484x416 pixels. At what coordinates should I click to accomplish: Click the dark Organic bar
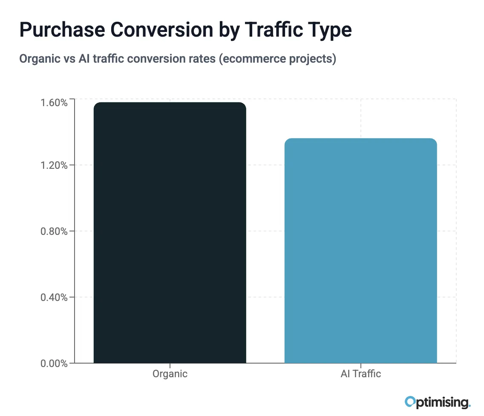tap(170, 233)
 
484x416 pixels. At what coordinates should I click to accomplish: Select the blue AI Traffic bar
tap(360, 251)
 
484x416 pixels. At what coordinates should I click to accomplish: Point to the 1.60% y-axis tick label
tap(54, 103)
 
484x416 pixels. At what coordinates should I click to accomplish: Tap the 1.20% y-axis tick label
tap(54, 165)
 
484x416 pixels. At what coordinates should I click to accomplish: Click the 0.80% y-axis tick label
tap(54, 231)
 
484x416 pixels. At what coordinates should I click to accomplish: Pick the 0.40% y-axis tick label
tap(54, 298)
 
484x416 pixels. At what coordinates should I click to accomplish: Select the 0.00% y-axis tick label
tap(54, 364)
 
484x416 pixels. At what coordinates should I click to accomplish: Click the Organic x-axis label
tap(170, 374)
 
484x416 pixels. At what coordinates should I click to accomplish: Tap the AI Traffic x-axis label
tap(360, 374)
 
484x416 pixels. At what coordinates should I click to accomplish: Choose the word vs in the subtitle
tap(68, 59)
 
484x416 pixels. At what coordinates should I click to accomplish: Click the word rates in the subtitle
tap(200, 59)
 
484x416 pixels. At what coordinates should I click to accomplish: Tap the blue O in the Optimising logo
tap(410, 401)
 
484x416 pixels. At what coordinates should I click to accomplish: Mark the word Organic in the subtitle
tap(39, 59)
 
